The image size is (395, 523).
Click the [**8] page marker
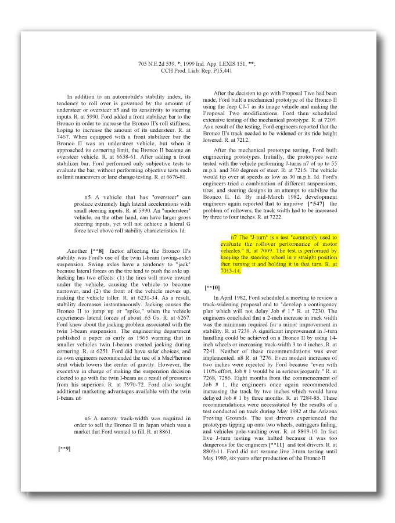[97, 250]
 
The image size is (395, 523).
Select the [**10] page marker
[212, 288]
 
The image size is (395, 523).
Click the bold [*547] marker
[316, 204]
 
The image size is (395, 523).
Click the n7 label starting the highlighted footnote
[234, 238]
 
